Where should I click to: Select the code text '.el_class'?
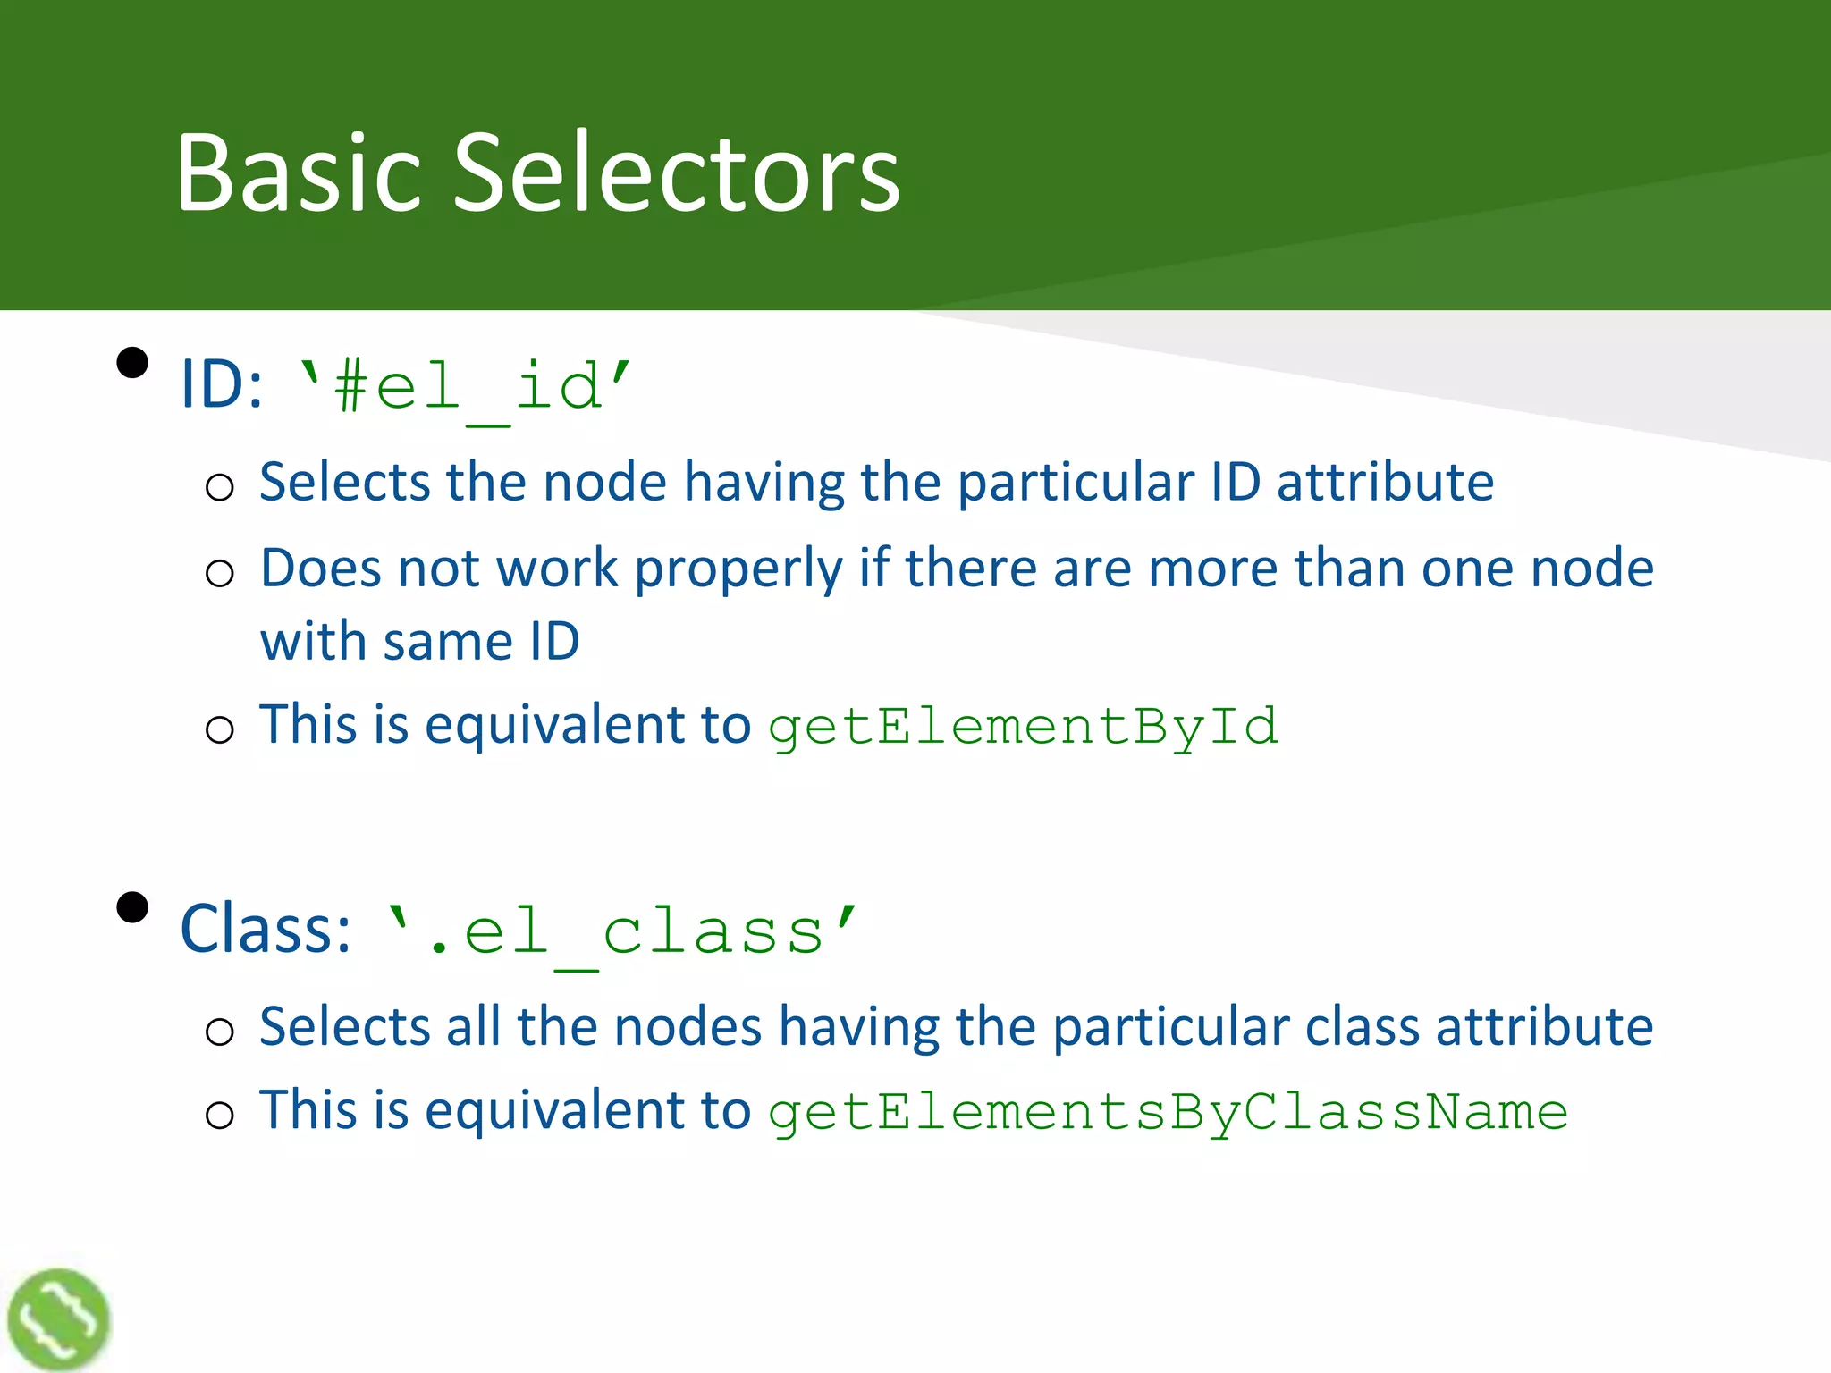click(x=621, y=932)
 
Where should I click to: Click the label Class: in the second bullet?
click(x=266, y=930)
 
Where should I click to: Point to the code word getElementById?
click(x=1023, y=727)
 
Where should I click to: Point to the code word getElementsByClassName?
click(x=1168, y=1113)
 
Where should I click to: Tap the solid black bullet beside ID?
click(x=132, y=363)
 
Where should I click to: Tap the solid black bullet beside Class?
click(x=132, y=907)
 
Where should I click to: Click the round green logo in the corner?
click(x=58, y=1319)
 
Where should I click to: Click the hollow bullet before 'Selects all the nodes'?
click(x=219, y=1032)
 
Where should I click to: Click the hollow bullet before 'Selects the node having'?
click(x=219, y=488)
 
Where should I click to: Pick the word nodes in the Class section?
click(x=688, y=1027)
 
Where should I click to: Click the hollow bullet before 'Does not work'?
click(x=219, y=573)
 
